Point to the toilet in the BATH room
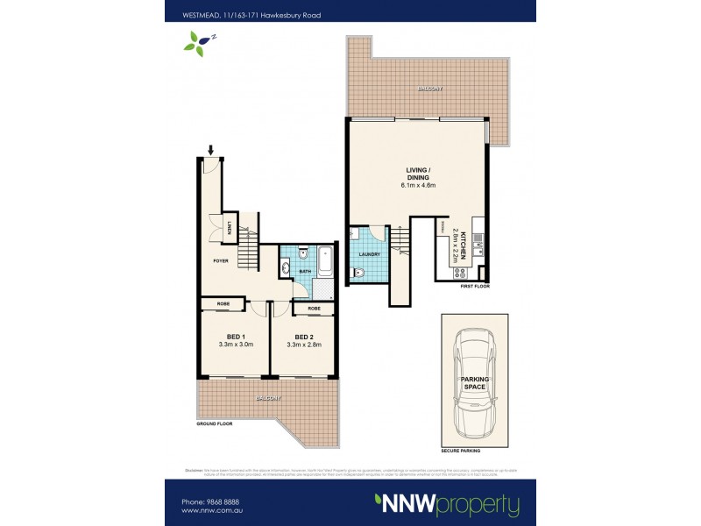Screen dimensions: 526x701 coord(301,254)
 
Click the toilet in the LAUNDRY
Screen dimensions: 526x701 coord(354,275)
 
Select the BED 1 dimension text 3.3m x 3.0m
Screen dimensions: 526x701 coord(234,345)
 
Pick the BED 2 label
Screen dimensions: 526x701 coord(304,337)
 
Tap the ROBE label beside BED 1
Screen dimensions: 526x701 coord(223,305)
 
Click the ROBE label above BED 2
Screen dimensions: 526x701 coord(313,309)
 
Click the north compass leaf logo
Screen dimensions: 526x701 coord(198,40)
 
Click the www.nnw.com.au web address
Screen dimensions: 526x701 coord(213,512)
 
